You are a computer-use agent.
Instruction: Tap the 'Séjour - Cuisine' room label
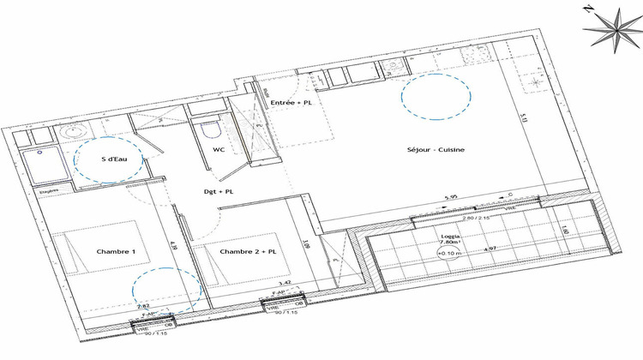point(436,150)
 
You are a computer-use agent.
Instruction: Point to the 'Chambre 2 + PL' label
point(248,252)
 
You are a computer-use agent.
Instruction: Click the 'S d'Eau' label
point(115,159)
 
